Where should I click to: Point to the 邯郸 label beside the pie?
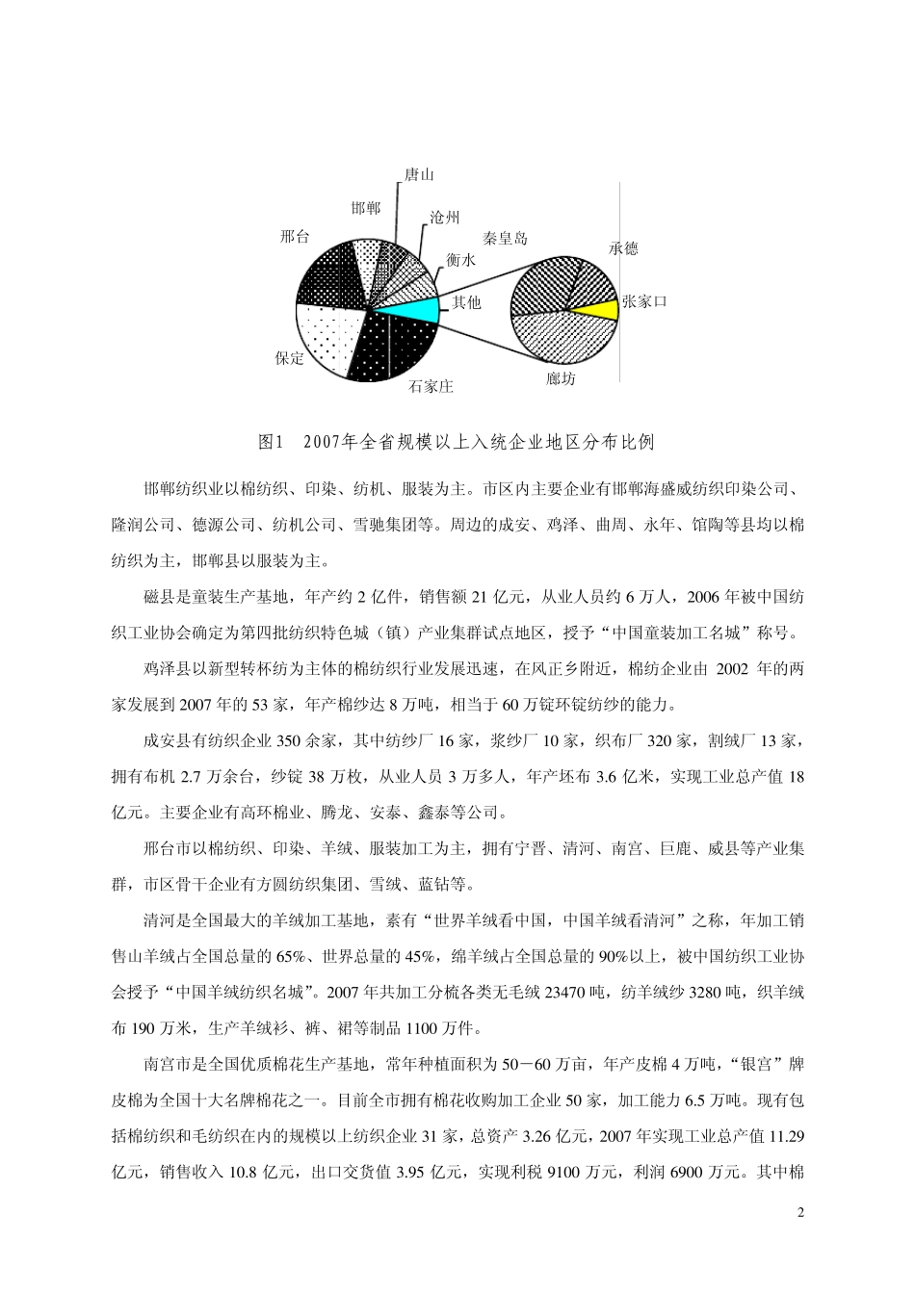365,208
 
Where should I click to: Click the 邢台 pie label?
294,236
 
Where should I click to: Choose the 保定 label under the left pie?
289,358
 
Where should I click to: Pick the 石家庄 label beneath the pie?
431,386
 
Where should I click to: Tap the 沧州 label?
444,219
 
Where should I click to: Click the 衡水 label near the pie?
460,260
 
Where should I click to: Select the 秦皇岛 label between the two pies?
506,238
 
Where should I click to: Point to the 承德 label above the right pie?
623,248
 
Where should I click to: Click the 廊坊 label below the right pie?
561,379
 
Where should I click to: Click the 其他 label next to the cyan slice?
466,302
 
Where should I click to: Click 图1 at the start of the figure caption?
269,442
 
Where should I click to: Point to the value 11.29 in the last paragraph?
786,1135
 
